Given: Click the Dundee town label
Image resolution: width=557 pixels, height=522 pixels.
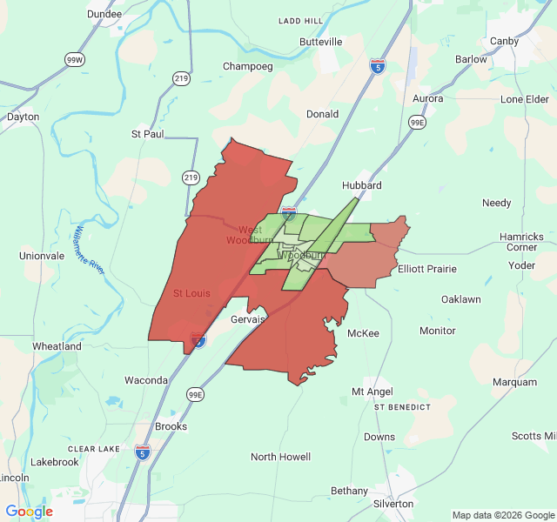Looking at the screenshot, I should [104, 15].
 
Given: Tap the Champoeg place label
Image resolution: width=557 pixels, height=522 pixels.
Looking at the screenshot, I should [248, 66].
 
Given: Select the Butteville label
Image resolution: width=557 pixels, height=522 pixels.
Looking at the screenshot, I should [321, 42].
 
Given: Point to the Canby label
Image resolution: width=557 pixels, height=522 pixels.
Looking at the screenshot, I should [505, 41].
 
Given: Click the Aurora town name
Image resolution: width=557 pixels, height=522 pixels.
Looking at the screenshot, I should [427, 98].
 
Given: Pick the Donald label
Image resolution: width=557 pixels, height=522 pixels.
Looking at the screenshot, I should [322, 114].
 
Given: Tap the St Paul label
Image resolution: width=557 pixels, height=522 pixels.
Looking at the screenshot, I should [147, 134].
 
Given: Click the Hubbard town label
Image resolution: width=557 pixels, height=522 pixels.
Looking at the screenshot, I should [362, 185].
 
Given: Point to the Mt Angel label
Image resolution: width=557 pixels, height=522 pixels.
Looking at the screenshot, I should [372, 391].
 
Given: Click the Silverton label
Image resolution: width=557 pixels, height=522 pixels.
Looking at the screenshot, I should [393, 504].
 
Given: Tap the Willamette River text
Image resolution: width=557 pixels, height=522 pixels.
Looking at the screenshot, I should [90, 251].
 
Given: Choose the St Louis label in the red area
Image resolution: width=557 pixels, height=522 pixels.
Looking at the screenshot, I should [191, 293].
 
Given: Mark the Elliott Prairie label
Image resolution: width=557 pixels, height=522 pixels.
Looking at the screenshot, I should [427, 269].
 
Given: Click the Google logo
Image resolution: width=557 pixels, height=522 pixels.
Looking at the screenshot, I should [29, 512].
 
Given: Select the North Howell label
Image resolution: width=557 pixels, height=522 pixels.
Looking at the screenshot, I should [280, 457].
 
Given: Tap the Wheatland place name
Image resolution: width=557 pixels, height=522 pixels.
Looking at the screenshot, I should [57, 346].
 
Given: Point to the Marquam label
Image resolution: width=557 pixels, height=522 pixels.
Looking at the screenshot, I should [514, 382].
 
